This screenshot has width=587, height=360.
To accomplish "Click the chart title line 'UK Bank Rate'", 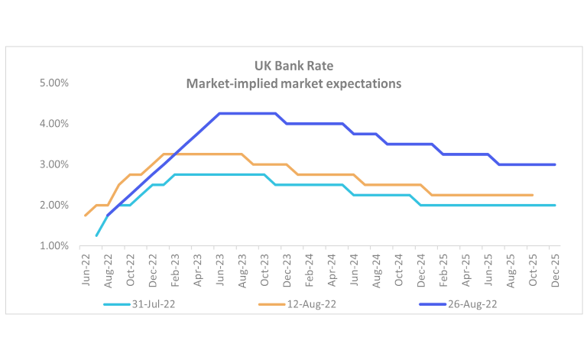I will point(293,66).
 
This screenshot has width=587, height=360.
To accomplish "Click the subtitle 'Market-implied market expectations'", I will point(293,83).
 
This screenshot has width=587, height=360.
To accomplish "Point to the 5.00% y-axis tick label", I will point(54,83).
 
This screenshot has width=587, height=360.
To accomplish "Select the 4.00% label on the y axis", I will point(54,124).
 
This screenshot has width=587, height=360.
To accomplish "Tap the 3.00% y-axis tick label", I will point(54,164).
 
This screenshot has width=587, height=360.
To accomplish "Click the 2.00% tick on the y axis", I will point(54,205).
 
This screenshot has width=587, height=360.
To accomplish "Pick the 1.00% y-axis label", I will point(54,246).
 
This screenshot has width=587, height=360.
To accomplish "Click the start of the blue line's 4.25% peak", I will point(219,114).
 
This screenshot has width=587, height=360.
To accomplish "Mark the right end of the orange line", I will point(532,195).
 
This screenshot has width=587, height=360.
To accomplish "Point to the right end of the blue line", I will point(555,164).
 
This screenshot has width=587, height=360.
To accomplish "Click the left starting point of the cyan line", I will point(96,235).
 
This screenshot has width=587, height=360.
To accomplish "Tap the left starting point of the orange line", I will point(85,216).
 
